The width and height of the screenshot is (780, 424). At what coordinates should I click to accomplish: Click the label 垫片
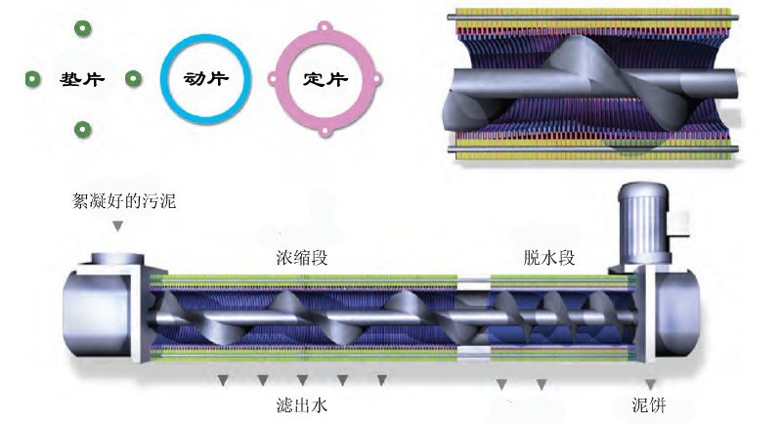[x=82, y=78]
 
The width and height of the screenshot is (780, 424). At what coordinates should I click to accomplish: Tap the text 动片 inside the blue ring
[x=205, y=78]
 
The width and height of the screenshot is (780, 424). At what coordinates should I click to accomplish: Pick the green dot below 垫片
[x=83, y=128]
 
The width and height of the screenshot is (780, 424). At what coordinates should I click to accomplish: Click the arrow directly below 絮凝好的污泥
[x=117, y=227]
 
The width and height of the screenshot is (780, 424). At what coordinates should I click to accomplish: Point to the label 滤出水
[x=301, y=403]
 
